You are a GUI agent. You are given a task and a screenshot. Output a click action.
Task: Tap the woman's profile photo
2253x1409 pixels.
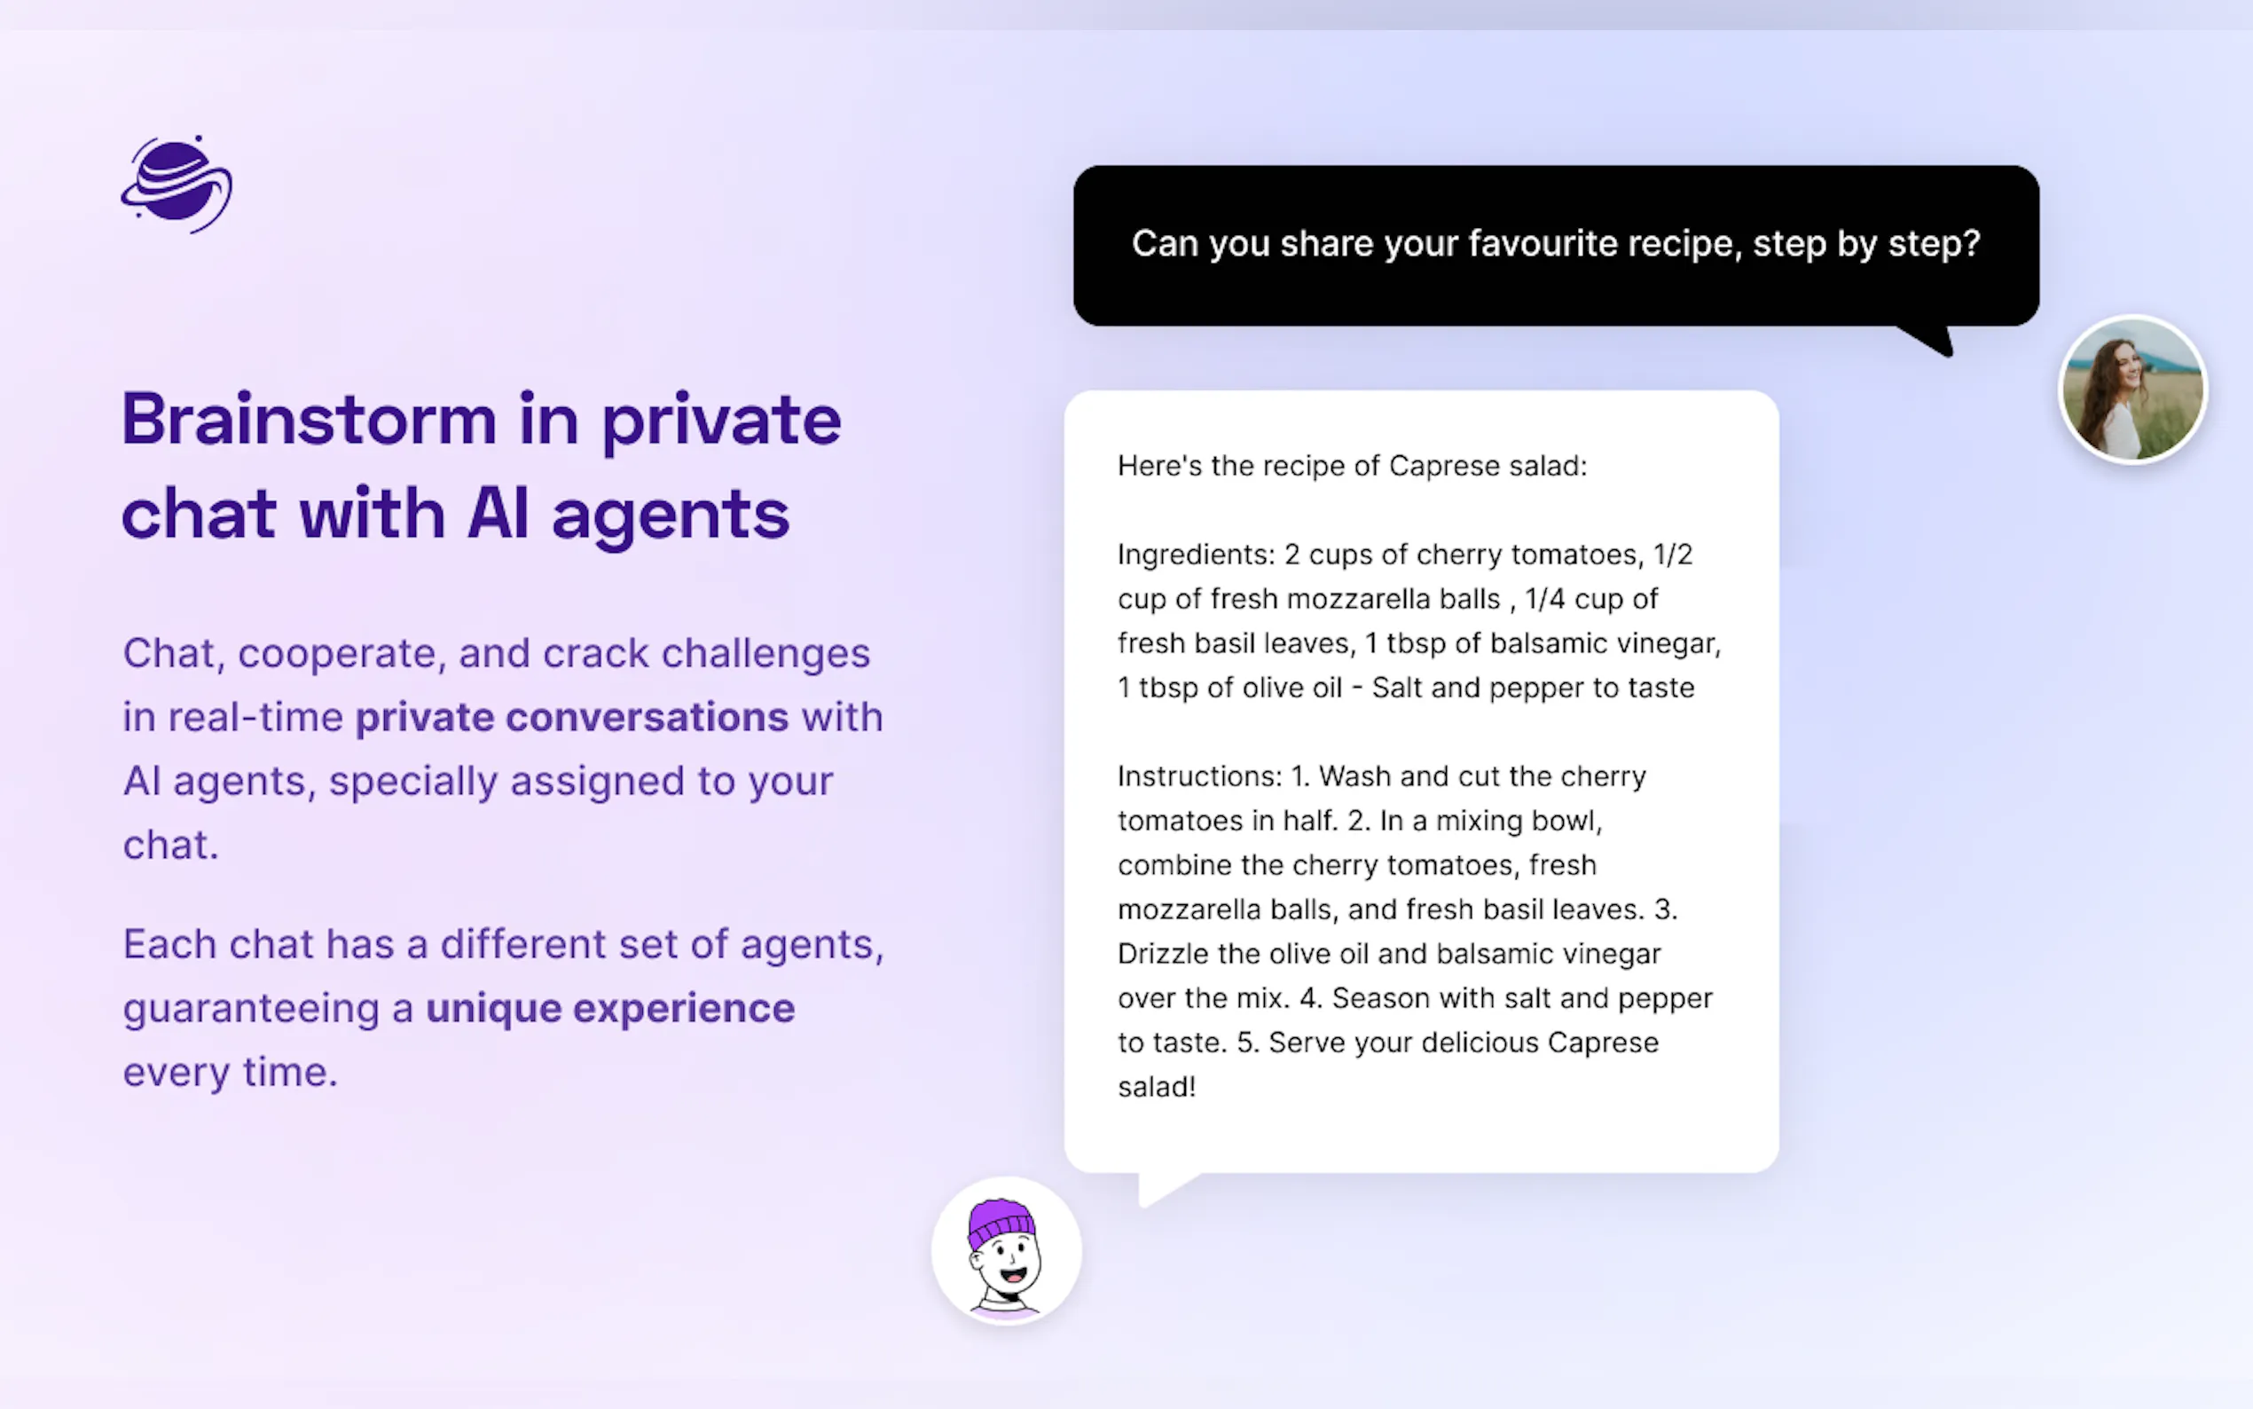(2133, 390)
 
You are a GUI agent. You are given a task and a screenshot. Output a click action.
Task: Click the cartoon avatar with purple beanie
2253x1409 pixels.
(1007, 1250)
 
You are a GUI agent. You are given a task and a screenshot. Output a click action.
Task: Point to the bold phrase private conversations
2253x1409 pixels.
(572, 717)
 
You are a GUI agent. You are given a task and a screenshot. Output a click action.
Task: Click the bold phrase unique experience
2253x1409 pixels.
(610, 1009)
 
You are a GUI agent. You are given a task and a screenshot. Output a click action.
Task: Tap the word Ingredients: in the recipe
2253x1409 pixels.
(1196, 555)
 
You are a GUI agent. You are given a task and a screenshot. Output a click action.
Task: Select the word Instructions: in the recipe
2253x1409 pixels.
(1199, 776)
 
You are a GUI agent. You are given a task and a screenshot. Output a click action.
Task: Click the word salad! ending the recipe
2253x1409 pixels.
(1157, 1087)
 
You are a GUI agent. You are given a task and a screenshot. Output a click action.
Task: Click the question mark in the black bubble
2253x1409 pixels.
(1972, 243)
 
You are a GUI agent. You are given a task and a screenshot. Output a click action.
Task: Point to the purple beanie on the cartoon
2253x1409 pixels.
(1001, 1221)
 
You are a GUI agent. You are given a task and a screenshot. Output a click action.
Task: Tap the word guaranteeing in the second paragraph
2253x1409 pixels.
(252, 1010)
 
